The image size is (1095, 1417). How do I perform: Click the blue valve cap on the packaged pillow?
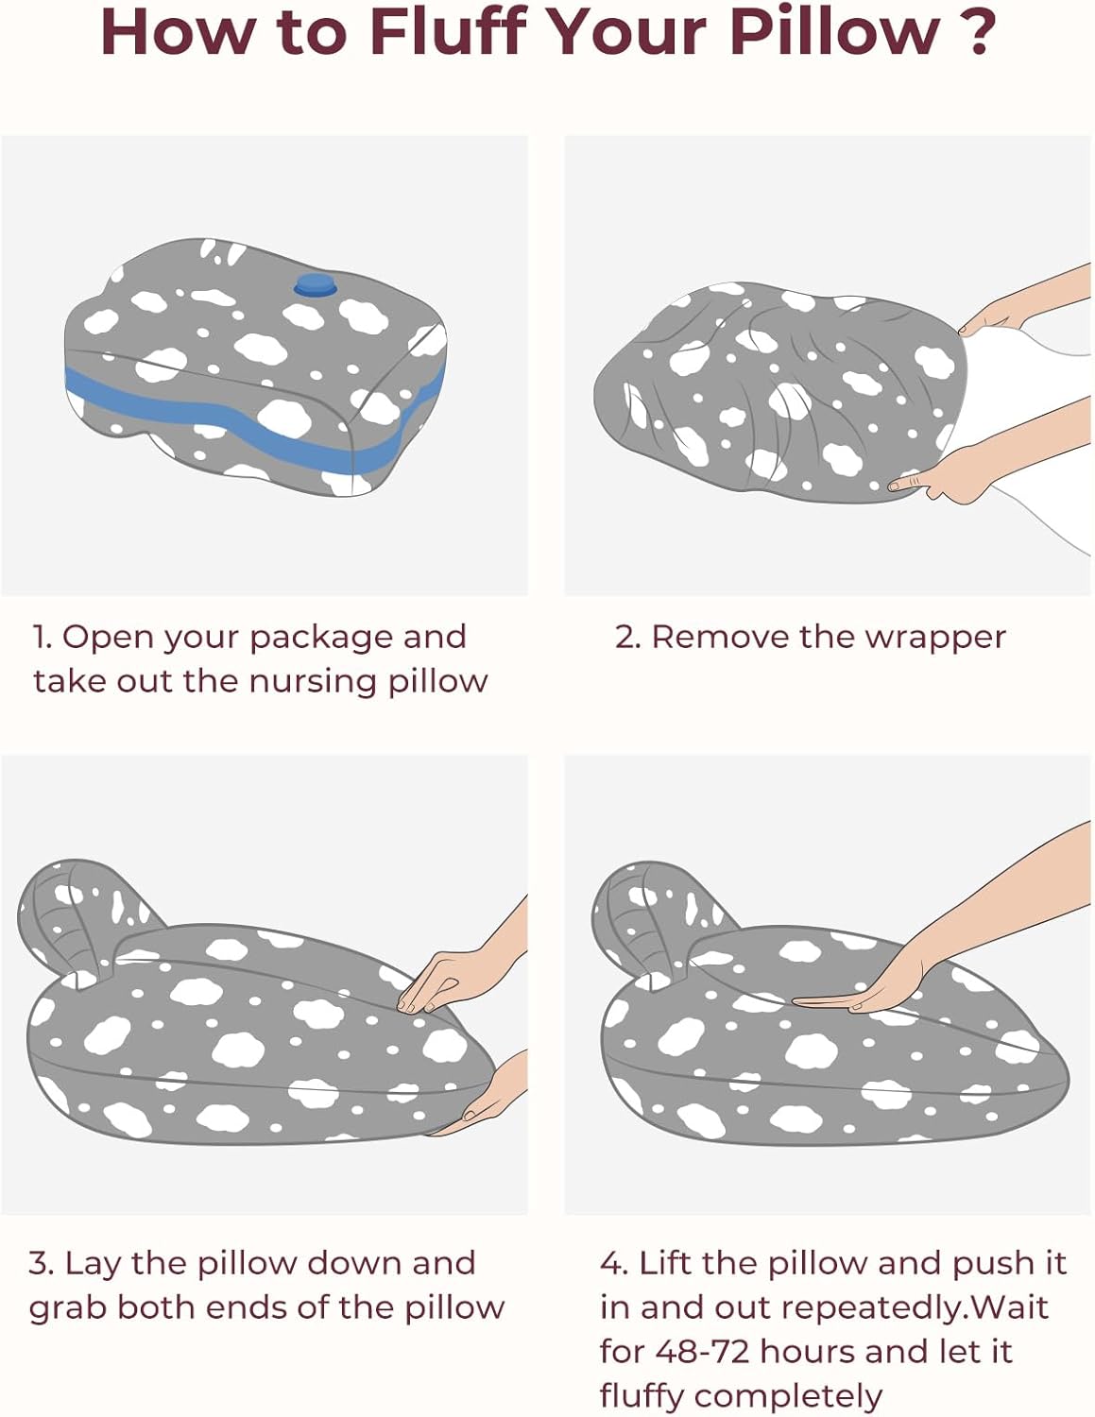point(315,285)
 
